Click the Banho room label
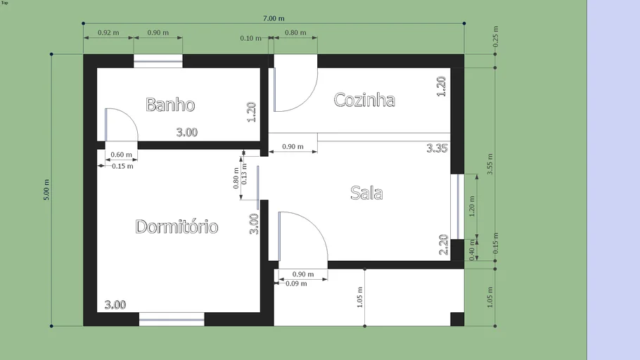click(x=170, y=105)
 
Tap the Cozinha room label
click(x=364, y=100)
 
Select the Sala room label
click(x=366, y=193)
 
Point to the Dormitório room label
click(x=177, y=226)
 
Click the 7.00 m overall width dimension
click(x=274, y=18)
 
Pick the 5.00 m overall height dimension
click(x=46, y=190)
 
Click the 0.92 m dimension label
click(x=108, y=32)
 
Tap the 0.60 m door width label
click(x=121, y=155)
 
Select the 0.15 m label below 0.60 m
click(x=122, y=166)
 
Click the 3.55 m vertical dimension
click(x=490, y=164)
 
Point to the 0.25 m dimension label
click(x=496, y=37)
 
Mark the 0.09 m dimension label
click(x=296, y=283)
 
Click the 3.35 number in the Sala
click(x=437, y=148)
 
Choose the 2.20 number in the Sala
click(x=444, y=245)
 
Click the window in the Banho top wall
click(x=158, y=61)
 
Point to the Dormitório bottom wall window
click(x=172, y=319)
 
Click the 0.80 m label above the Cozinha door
click(x=295, y=32)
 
